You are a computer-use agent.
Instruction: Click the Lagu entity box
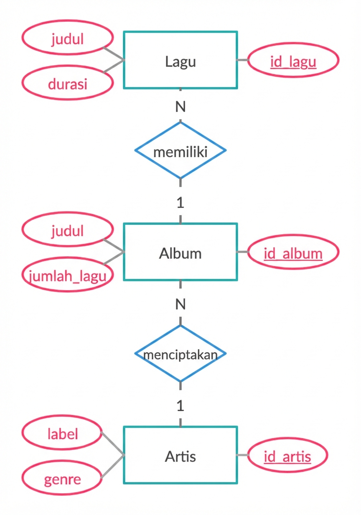click(x=180, y=60)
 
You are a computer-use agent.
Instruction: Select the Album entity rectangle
click(x=180, y=252)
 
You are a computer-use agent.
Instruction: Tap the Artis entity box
click(x=180, y=455)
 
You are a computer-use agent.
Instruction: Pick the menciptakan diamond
click(x=180, y=354)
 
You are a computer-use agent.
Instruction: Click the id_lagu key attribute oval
click(x=293, y=61)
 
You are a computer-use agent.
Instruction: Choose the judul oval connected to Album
click(x=67, y=230)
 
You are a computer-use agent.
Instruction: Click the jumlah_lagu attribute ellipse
click(x=67, y=275)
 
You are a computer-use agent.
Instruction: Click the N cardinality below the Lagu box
click(x=180, y=107)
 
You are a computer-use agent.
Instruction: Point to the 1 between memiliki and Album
click(x=180, y=203)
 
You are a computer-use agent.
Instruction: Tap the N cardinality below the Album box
click(x=180, y=304)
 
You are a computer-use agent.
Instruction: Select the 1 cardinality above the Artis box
click(x=180, y=406)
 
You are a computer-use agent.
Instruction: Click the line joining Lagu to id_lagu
click(x=243, y=60)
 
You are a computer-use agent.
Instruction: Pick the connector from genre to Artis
click(x=112, y=467)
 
